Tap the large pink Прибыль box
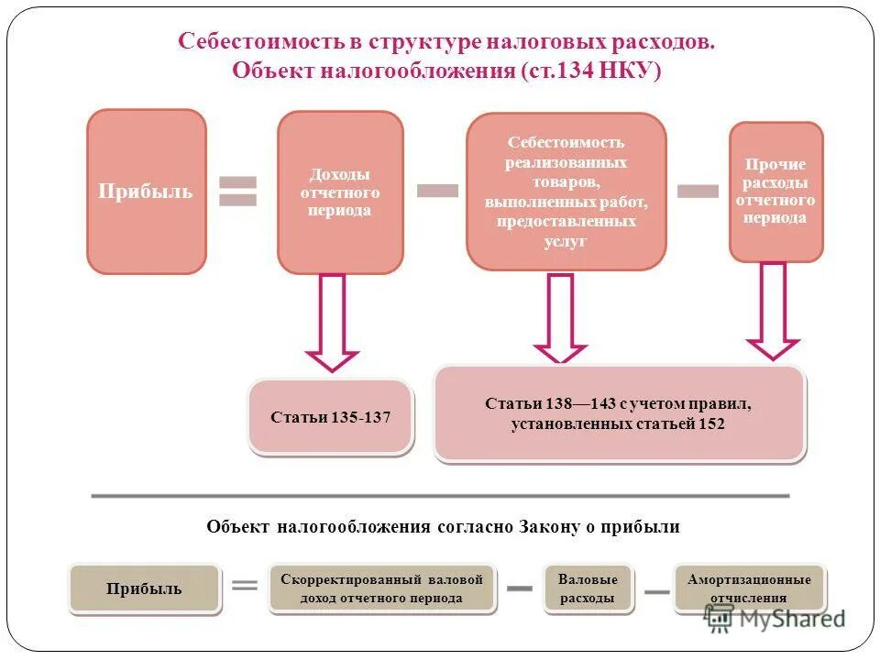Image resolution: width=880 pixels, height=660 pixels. [x=146, y=192]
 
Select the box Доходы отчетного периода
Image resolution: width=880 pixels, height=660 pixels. [x=340, y=192]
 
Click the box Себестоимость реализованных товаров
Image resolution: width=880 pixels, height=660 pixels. [x=566, y=192]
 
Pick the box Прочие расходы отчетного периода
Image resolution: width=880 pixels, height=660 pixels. [x=775, y=192]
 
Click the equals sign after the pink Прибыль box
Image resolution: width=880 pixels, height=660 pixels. [x=238, y=192]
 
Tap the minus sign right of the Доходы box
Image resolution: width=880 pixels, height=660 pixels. [x=437, y=190]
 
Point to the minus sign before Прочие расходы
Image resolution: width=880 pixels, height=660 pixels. [x=698, y=190]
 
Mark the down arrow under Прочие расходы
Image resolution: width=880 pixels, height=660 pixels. [x=773, y=312]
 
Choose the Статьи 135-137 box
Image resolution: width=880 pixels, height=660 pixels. [x=330, y=417]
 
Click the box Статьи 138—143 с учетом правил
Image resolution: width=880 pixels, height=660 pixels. [x=619, y=413]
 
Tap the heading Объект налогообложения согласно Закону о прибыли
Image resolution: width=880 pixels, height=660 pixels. [x=443, y=526]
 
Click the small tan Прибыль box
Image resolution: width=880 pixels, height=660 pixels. [x=145, y=588]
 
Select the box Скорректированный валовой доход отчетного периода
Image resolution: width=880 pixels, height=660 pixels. [x=381, y=588]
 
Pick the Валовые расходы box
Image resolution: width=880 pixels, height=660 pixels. [x=588, y=588]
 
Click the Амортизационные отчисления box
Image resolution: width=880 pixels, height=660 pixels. [x=749, y=588]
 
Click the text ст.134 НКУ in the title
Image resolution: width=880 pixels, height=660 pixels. [x=591, y=71]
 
